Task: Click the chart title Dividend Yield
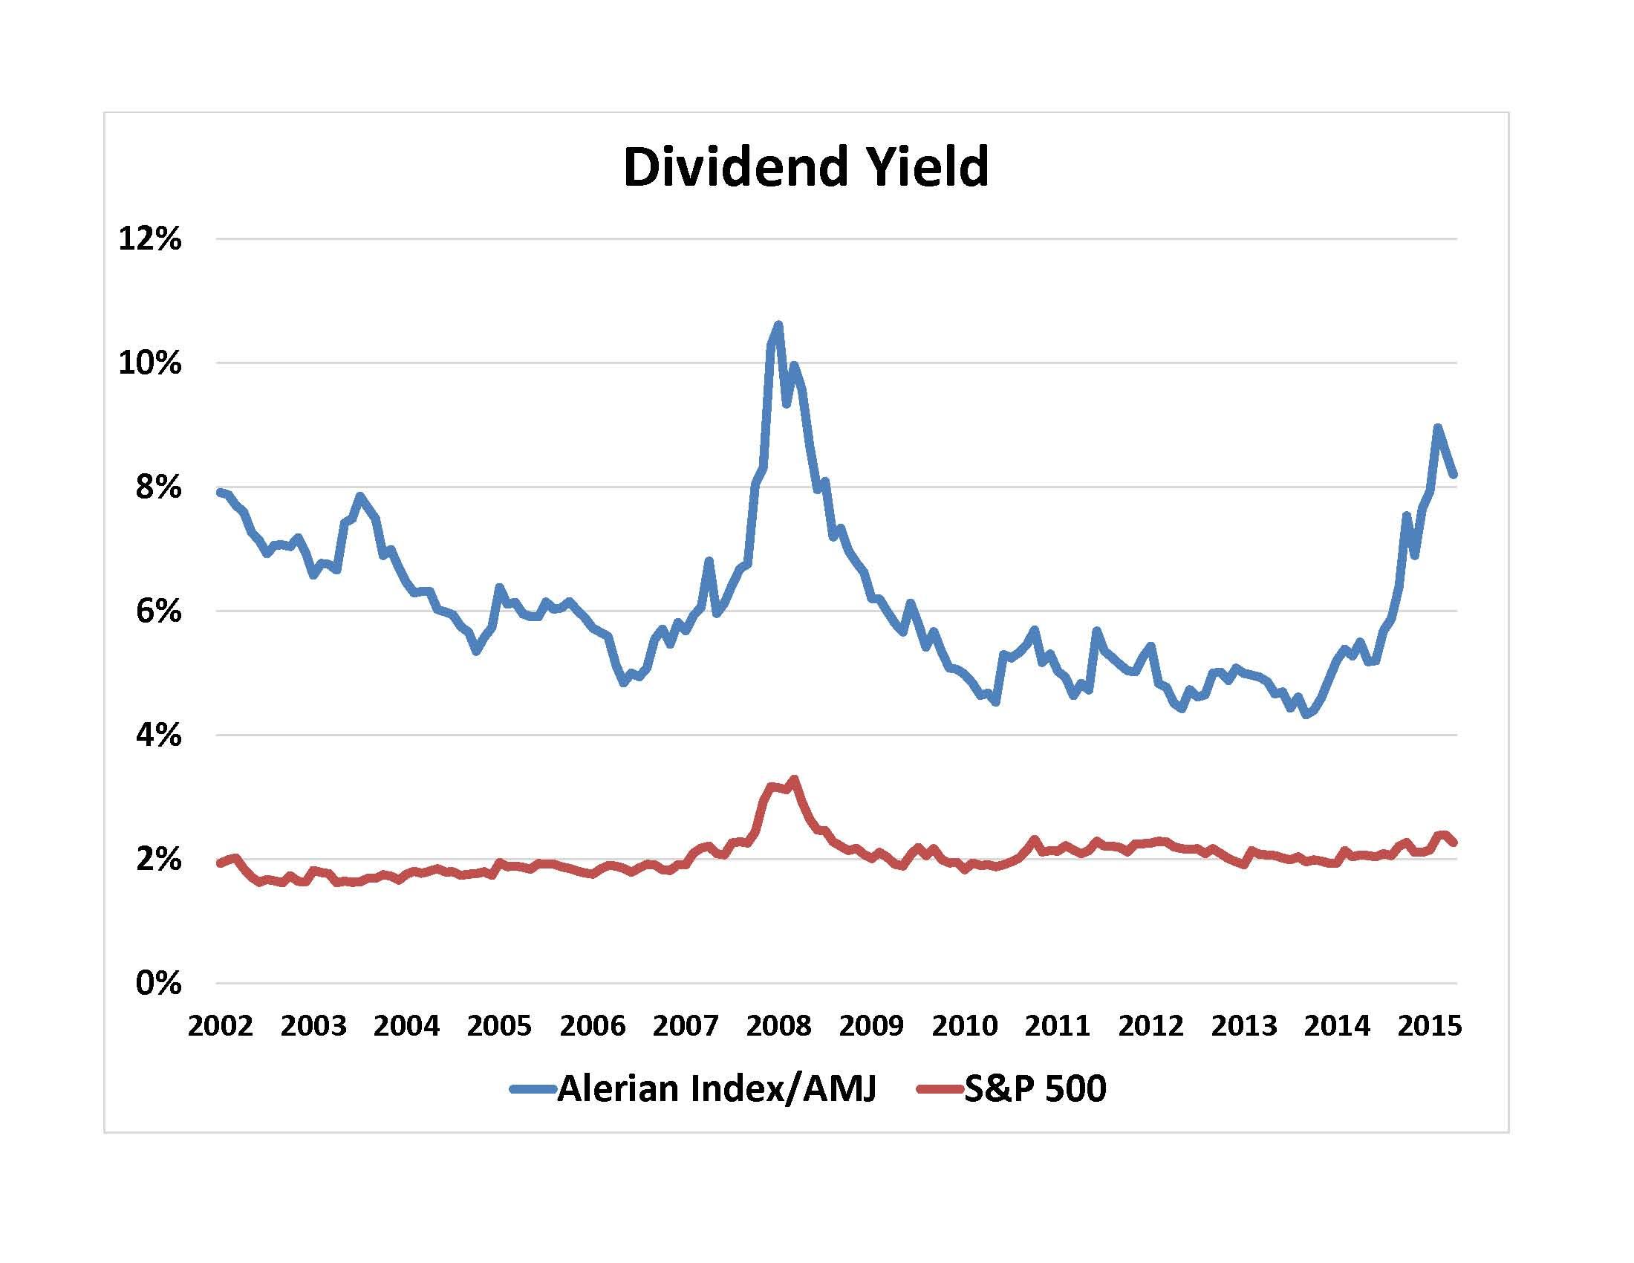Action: (x=806, y=167)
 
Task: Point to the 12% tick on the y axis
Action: (x=149, y=239)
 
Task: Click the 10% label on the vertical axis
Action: (x=149, y=363)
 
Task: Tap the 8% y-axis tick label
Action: (x=158, y=488)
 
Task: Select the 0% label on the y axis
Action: (x=158, y=983)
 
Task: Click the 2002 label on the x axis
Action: (x=220, y=1026)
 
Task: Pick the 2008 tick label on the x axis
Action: (x=778, y=1026)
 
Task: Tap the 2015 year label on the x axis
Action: (x=1429, y=1026)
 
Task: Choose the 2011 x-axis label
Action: (x=1057, y=1026)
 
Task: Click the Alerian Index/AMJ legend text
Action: (x=716, y=1088)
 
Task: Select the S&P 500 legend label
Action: (x=1035, y=1088)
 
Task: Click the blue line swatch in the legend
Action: (x=533, y=1089)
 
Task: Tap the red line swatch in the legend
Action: (x=940, y=1089)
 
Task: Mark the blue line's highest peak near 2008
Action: (x=778, y=325)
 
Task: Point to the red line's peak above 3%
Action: (x=795, y=779)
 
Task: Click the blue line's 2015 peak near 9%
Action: (x=1437, y=427)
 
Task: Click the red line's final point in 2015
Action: (x=1454, y=843)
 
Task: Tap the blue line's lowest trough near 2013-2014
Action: (x=1306, y=715)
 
